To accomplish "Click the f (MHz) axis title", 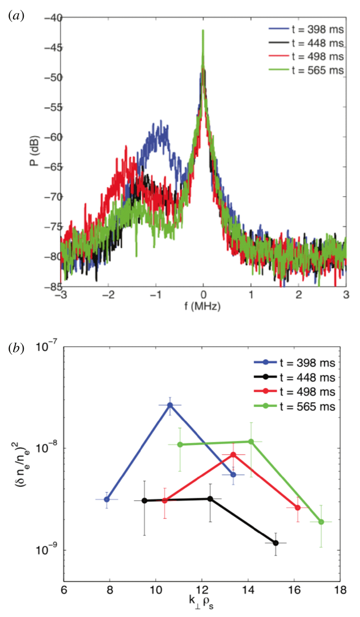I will pos(203,306).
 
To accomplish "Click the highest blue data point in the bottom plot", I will pos(170,405).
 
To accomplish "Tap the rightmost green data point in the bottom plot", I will pos(321,522).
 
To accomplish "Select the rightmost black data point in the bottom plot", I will pos(276,543).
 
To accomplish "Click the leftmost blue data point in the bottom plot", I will pos(107,499).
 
